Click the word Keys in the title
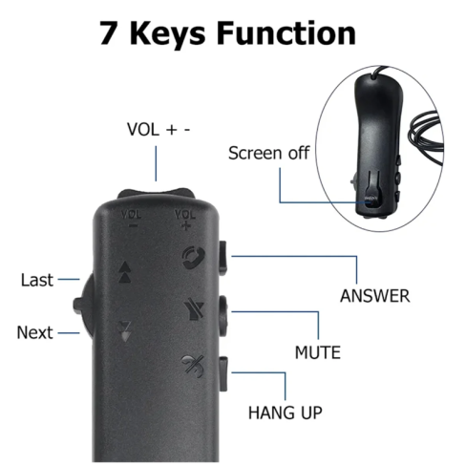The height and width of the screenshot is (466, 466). pos(167,34)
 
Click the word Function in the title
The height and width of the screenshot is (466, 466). pos(286,32)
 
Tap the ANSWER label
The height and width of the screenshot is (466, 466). pos(375,296)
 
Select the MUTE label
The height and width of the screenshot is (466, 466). pos(318,352)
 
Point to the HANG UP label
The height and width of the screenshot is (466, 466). pos(286,413)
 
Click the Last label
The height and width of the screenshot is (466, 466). pos(37,280)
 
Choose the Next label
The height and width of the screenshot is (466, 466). pos(34,332)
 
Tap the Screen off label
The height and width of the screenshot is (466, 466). pos(269,153)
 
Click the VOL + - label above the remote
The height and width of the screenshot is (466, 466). pos(159,130)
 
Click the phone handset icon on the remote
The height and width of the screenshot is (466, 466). pos(193,258)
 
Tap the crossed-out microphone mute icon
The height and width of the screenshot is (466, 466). pos(194,309)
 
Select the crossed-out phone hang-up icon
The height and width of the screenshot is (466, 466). pos(192,366)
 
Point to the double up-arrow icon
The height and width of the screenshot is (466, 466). pos(124,272)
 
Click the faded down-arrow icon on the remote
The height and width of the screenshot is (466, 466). pos(124,331)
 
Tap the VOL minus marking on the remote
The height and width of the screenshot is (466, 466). pos(131,219)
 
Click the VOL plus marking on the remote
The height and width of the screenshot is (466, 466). pos(185,220)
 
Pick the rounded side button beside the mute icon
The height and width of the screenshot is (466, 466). pos(222,316)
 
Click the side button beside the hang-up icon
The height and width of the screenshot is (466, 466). pos(223,374)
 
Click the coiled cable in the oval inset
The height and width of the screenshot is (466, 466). pos(427,137)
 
